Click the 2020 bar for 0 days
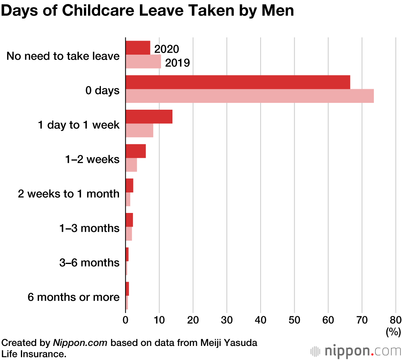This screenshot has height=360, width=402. coord(238,82)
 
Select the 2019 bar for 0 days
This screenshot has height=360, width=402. coord(250,96)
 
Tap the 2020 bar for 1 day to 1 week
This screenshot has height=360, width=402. coord(149,117)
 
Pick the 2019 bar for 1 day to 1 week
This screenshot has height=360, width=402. coord(139,130)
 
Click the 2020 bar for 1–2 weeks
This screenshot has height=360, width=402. coord(136,151)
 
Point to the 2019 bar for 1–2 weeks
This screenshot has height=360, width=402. coord(131,165)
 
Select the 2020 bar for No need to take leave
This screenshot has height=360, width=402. coord(138,48)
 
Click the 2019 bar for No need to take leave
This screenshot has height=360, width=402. coord(144,61)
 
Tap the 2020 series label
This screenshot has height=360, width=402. coord(167,49)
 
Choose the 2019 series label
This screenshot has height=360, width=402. coord(177,63)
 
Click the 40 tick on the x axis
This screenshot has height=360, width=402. coord(261,320)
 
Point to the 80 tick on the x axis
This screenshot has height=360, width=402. coord(396,320)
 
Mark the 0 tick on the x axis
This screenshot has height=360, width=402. coord(125,320)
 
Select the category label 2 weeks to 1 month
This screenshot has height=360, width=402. coord(69,194)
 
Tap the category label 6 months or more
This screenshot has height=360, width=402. coord(74,297)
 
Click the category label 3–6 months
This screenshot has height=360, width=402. coord(89,263)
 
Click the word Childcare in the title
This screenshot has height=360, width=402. coord(107,11)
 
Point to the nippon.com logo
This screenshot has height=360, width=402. coord(354,351)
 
